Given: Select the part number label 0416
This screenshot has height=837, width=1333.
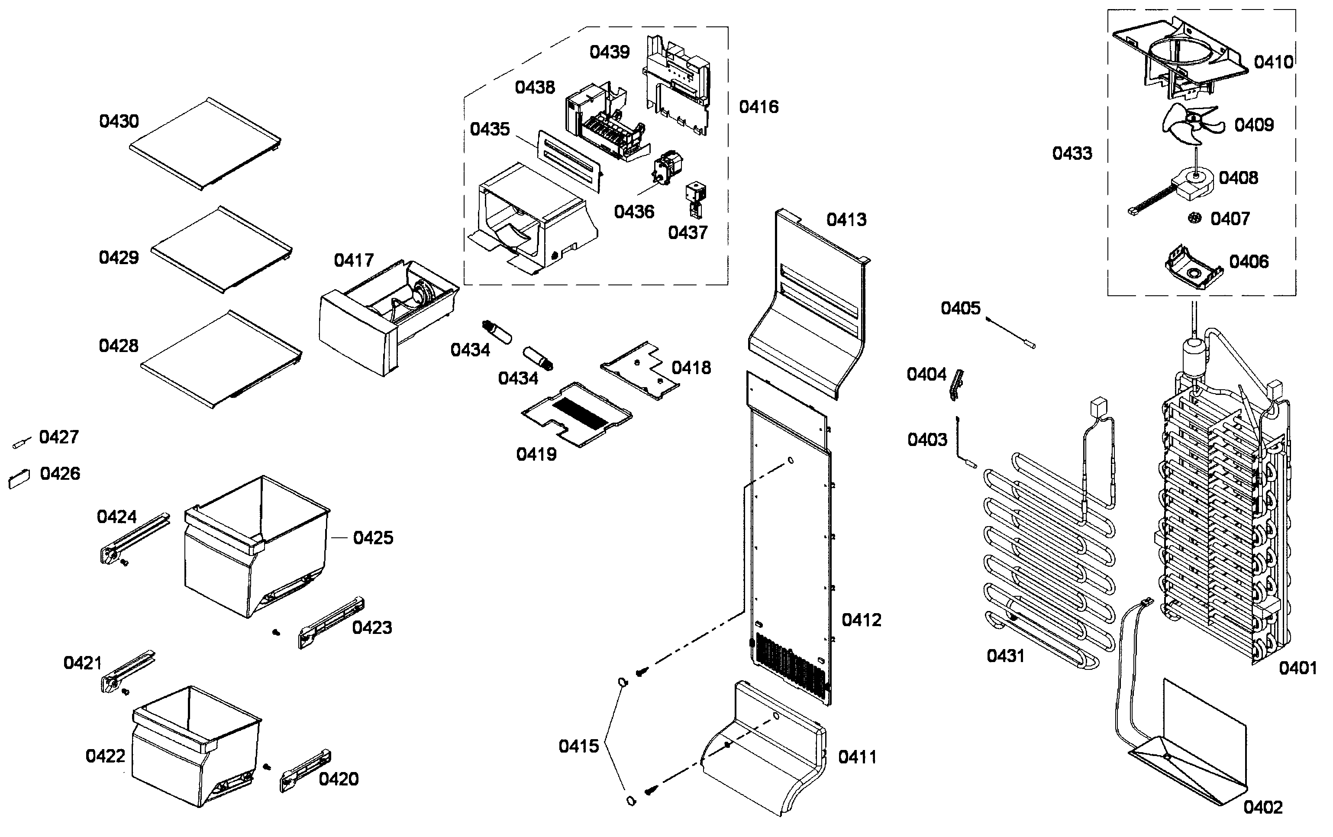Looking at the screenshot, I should click(758, 107).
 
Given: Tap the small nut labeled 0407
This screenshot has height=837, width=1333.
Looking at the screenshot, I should click(1194, 218).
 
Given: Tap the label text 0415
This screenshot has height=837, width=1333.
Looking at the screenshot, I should click(578, 746).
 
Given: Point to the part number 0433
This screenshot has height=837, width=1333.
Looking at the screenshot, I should click(1072, 153).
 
